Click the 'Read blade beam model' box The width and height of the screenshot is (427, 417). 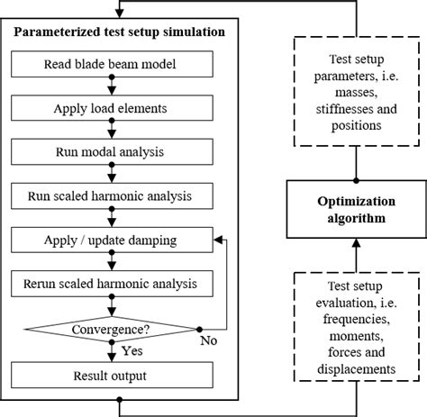[110, 65]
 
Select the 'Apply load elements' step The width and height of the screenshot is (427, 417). [110, 108]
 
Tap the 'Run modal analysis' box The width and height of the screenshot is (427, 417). [110, 151]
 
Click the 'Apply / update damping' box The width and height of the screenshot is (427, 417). [110, 240]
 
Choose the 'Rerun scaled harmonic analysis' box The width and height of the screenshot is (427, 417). [110, 284]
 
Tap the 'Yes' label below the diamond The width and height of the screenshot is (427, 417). [132, 349]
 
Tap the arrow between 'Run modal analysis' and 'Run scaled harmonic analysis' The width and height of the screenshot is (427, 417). [110, 173]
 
